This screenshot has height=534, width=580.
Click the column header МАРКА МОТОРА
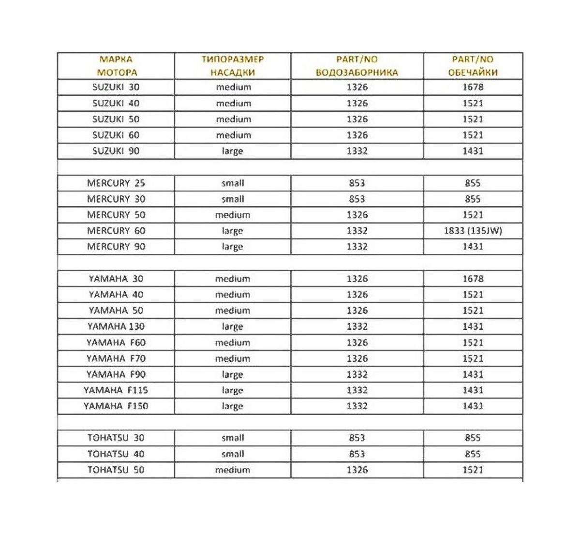(117, 66)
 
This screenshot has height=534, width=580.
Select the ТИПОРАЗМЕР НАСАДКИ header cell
(233, 66)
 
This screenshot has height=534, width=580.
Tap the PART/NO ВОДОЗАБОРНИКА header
(357, 66)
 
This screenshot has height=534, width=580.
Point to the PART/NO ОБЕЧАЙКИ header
(473, 66)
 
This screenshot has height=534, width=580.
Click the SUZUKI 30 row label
(116, 88)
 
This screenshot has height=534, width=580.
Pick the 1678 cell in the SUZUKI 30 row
(473, 88)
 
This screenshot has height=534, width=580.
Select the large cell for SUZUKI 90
(233, 151)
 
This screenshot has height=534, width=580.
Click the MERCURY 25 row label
(116, 183)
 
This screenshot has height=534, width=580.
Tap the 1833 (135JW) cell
(473, 231)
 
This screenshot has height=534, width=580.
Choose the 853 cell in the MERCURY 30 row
(357, 199)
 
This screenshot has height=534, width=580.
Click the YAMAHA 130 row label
(116, 326)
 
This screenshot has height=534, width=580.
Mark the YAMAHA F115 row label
(116, 390)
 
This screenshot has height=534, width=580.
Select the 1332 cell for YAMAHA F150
(357, 406)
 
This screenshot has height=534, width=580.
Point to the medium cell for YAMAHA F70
(233, 359)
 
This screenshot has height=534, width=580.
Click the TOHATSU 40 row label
(116, 454)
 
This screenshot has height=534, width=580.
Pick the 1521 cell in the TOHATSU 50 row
(473, 470)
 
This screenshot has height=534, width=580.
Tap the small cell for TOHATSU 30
(233, 438)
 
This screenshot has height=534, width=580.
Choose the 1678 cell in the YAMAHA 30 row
(473, 279)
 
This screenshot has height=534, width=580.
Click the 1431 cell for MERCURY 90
(473, 247)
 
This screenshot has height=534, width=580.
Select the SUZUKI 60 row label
(116, 135)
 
